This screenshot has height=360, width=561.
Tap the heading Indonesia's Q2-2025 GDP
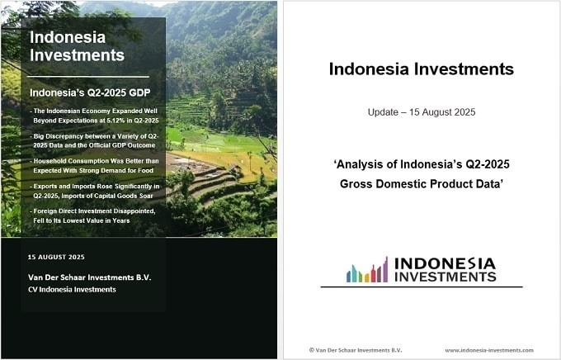coord(90,92)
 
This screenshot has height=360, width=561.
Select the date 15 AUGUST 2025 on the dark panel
coord(56,257)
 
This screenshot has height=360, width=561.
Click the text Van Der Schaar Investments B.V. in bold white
coord(89,277)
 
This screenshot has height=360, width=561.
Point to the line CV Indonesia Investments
coord(72,290)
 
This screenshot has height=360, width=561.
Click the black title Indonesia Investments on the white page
coord(421,69)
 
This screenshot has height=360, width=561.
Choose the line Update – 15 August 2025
coord(422,112)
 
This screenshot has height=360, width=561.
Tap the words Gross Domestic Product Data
coord(422,184)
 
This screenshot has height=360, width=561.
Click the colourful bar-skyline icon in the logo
coord(367,270)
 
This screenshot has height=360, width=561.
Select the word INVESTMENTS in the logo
coord(445,277)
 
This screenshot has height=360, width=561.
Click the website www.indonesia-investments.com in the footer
coord(489,350)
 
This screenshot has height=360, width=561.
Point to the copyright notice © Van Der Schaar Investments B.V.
coord(356,350)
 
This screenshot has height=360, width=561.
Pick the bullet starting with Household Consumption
coord(94,166)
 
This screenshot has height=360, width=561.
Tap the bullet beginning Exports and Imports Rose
coord(95,191)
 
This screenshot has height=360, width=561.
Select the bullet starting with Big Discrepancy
coord(94,140)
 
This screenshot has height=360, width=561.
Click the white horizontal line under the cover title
coord(88,77)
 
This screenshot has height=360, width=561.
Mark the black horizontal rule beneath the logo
coord(422,287)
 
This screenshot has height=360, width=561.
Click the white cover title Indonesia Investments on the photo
coord(77,46)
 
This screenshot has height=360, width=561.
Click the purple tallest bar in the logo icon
coord(385,270)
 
